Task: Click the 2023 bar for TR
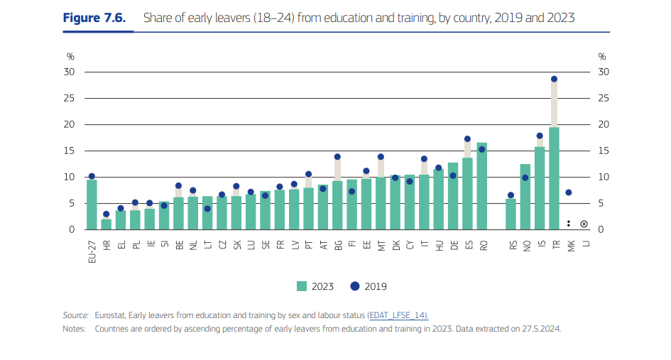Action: [x=554, y=178]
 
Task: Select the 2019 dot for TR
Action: [x=554, y=79]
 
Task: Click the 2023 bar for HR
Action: [x=107, y=224]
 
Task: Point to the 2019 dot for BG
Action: [x=337, y=157]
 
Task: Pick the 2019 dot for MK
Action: [x=569, y=192]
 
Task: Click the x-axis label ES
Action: [x=468, y=245]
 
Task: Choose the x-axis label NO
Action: [x=525, y=246]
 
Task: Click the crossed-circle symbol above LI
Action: [x=584, y=224]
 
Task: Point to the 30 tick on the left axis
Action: [x=70, y=72]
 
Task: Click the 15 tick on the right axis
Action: [x=604, y=151]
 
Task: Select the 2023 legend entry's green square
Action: [x=301, y=286]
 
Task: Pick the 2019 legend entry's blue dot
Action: [x=355, y=286]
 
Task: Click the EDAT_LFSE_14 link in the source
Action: [x=398, y=315]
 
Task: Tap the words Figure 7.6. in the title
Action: [x=95, y=18]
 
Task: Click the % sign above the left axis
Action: [x=70, y=56]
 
